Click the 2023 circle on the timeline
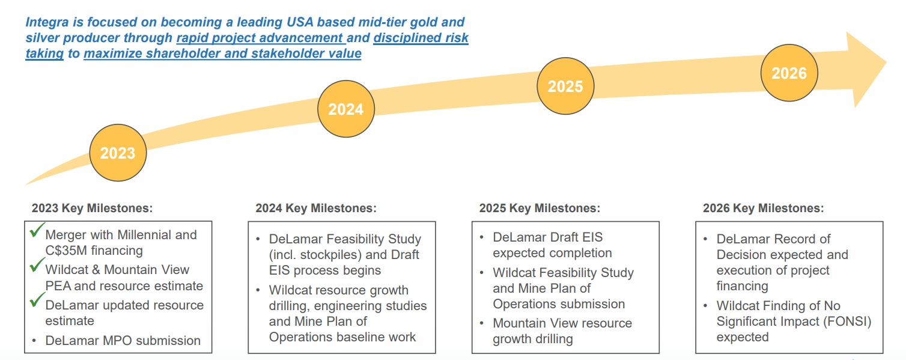click(x=118, y=153)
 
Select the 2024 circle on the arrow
click(x=345, y=109)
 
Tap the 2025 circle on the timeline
click(x=565, y=86)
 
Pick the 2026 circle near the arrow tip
click(x=789, y=73)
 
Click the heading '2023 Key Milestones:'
click(x=93, y=209)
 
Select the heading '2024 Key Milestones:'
click(x=316, y=209)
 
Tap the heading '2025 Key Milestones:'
click(x=540, y=209)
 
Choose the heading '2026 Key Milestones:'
click(x=763, y=209)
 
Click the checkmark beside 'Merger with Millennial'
click(x=37, y=231)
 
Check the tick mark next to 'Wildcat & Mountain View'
click(x=37, y=266)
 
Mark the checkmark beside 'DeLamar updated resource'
click(x=37, y=301)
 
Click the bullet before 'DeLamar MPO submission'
click(x=35, y=341)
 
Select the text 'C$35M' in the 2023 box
click(x=65, y=251)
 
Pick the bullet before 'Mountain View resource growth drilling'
click(x=482, y=323)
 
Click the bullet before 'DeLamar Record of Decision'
click(x=706, y=239)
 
